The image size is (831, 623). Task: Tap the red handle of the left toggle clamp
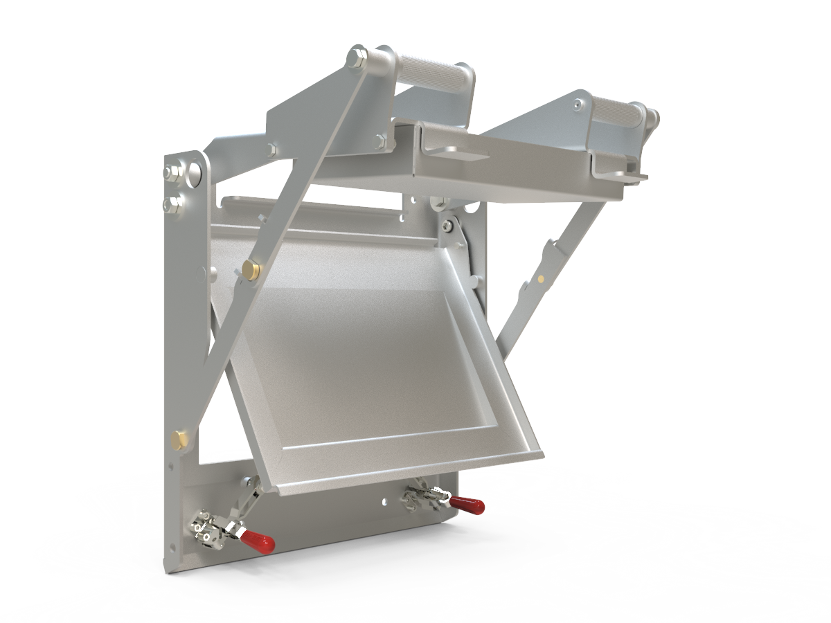(259, 541)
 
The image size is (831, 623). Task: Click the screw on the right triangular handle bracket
(578, 105)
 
